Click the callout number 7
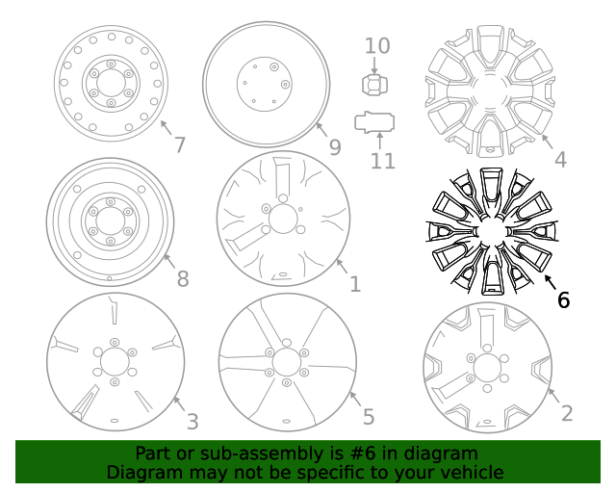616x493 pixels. tap(179, 145)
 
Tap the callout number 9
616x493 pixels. tap(335, 146)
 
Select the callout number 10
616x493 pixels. tap(377, 45)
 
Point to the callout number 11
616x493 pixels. tap(383, 160)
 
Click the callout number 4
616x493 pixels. tap(560, 160)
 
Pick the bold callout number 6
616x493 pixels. tap(563, 299)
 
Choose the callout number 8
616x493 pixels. tap(182, 280)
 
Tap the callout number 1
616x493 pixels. tap(355, 284)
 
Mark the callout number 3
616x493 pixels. tap(192, 421)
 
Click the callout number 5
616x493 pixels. tap(368, 417)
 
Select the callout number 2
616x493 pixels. tap(567, 413)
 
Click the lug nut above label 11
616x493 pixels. tap(374, 85)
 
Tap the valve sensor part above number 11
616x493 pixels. tap(374, 122)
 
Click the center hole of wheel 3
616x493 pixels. tap(115, 363)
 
